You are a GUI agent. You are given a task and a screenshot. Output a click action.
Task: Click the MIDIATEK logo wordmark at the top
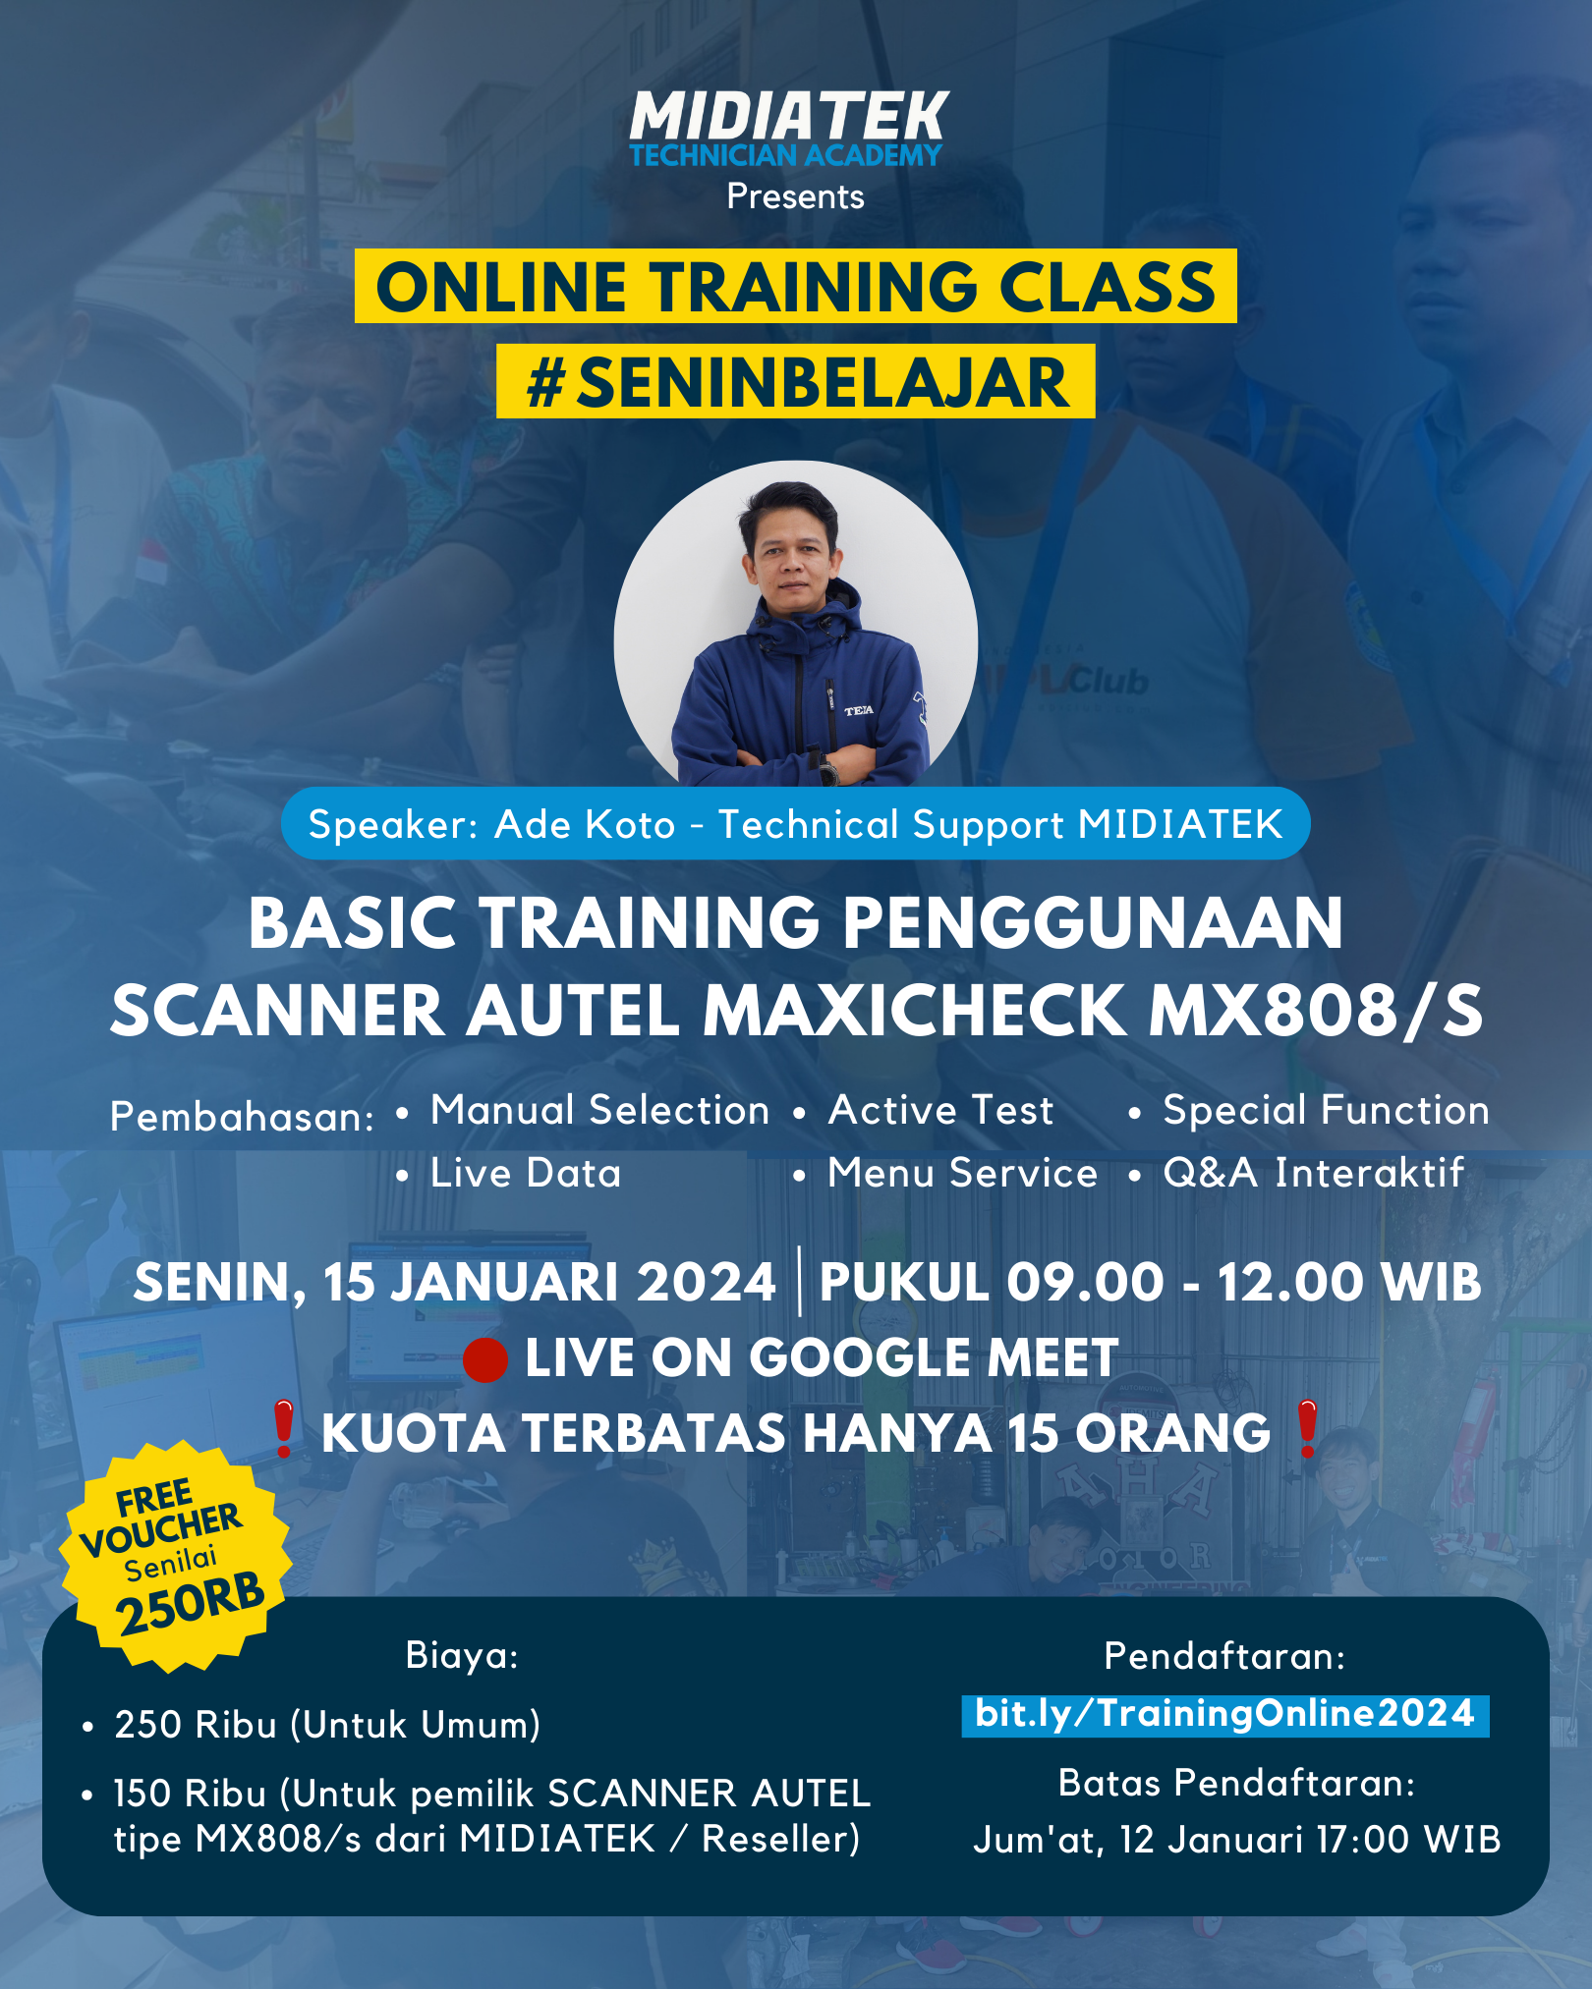(x=789, y=117)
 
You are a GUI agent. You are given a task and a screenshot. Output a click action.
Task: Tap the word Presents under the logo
(x=796, y=196)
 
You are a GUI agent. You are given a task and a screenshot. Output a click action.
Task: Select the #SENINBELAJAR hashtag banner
(x=796, y=381)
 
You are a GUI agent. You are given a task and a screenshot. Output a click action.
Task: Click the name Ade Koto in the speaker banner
(x=585, y=824)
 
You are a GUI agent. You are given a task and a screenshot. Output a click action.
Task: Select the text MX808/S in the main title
(x=1316, y=1011)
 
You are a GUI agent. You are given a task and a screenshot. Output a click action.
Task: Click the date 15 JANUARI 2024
(x=549, y=1282)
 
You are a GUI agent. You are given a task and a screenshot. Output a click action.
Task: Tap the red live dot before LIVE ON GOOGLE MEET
(x=485, y=1359)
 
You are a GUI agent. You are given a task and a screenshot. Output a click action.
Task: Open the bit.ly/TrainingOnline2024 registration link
(x=1225, y=1715)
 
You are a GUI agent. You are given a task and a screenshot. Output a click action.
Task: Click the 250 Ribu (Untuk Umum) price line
(x=327, y=1725)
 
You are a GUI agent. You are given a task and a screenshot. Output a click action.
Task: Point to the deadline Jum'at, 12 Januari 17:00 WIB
(x=1237, y=1840)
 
